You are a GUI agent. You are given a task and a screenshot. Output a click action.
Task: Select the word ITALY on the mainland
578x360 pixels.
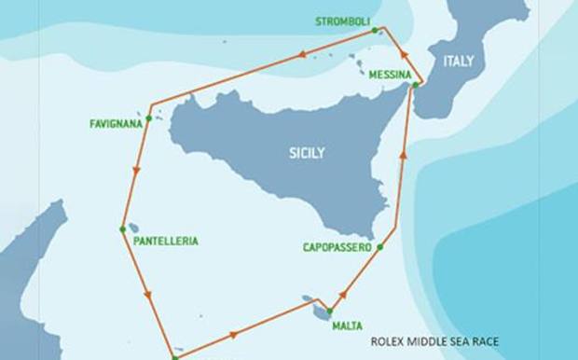458,62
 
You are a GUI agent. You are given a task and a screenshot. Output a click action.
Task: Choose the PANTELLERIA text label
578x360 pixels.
166,241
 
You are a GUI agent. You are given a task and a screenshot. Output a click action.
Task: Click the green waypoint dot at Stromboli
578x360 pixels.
375,30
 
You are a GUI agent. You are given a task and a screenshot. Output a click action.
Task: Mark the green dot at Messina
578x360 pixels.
413,87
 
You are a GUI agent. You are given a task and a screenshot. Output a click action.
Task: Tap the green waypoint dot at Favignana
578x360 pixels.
148,118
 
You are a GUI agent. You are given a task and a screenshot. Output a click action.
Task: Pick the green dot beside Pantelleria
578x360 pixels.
122,228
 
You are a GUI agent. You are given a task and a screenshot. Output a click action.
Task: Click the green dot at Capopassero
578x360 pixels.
380,246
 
